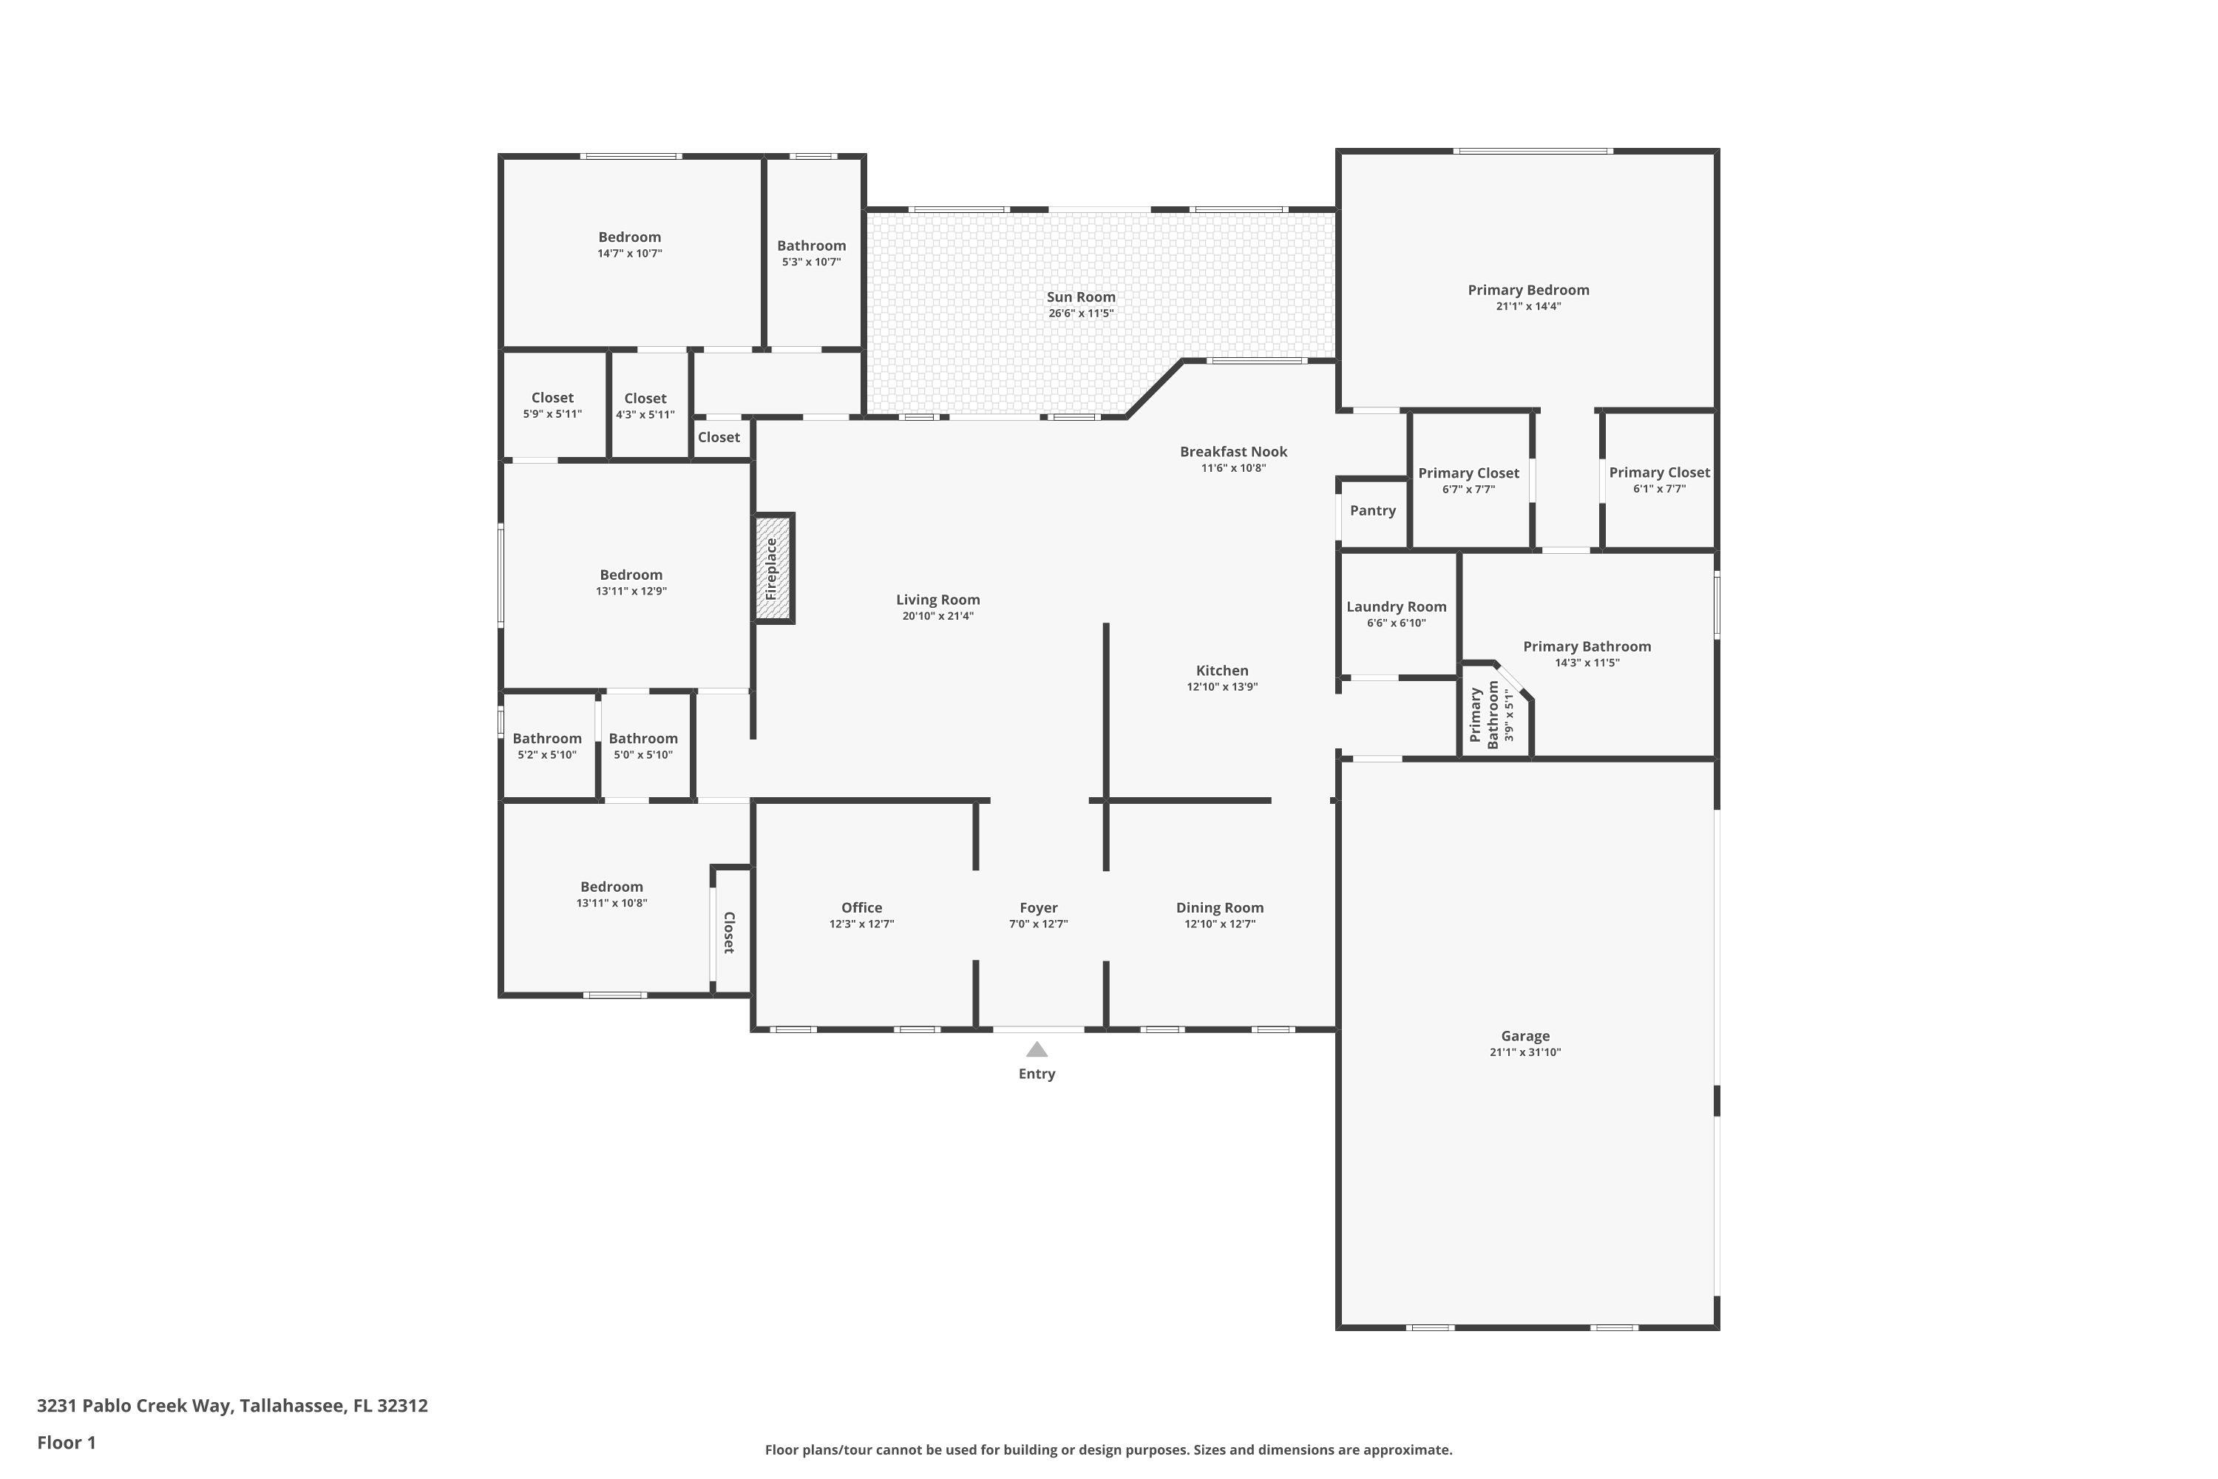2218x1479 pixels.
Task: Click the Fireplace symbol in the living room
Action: click(773, 568)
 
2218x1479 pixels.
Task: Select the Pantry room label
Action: click(1372, 510)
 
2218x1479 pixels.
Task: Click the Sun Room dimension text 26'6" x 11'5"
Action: click(1081, 313)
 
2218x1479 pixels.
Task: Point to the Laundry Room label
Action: click(1396, 606)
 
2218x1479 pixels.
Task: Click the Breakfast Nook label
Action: click(1233, 452)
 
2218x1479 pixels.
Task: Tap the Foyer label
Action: click(1038, 907)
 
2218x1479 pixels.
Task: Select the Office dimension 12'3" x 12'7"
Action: click(861, 924)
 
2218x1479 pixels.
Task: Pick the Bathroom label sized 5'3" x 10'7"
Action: click(811, 246)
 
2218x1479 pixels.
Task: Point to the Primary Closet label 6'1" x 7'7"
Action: click(1659, 473)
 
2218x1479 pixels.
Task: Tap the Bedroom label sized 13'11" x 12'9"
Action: click(631, 575)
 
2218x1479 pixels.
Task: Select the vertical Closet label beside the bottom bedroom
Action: click(729, 932)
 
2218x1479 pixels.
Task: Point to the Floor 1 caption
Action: click(66, 1442)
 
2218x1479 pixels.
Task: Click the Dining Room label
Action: click(1219, 907)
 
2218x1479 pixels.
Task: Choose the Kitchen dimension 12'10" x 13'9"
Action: click(1222, 687)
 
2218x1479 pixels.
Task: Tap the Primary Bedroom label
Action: click(1527, 291)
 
